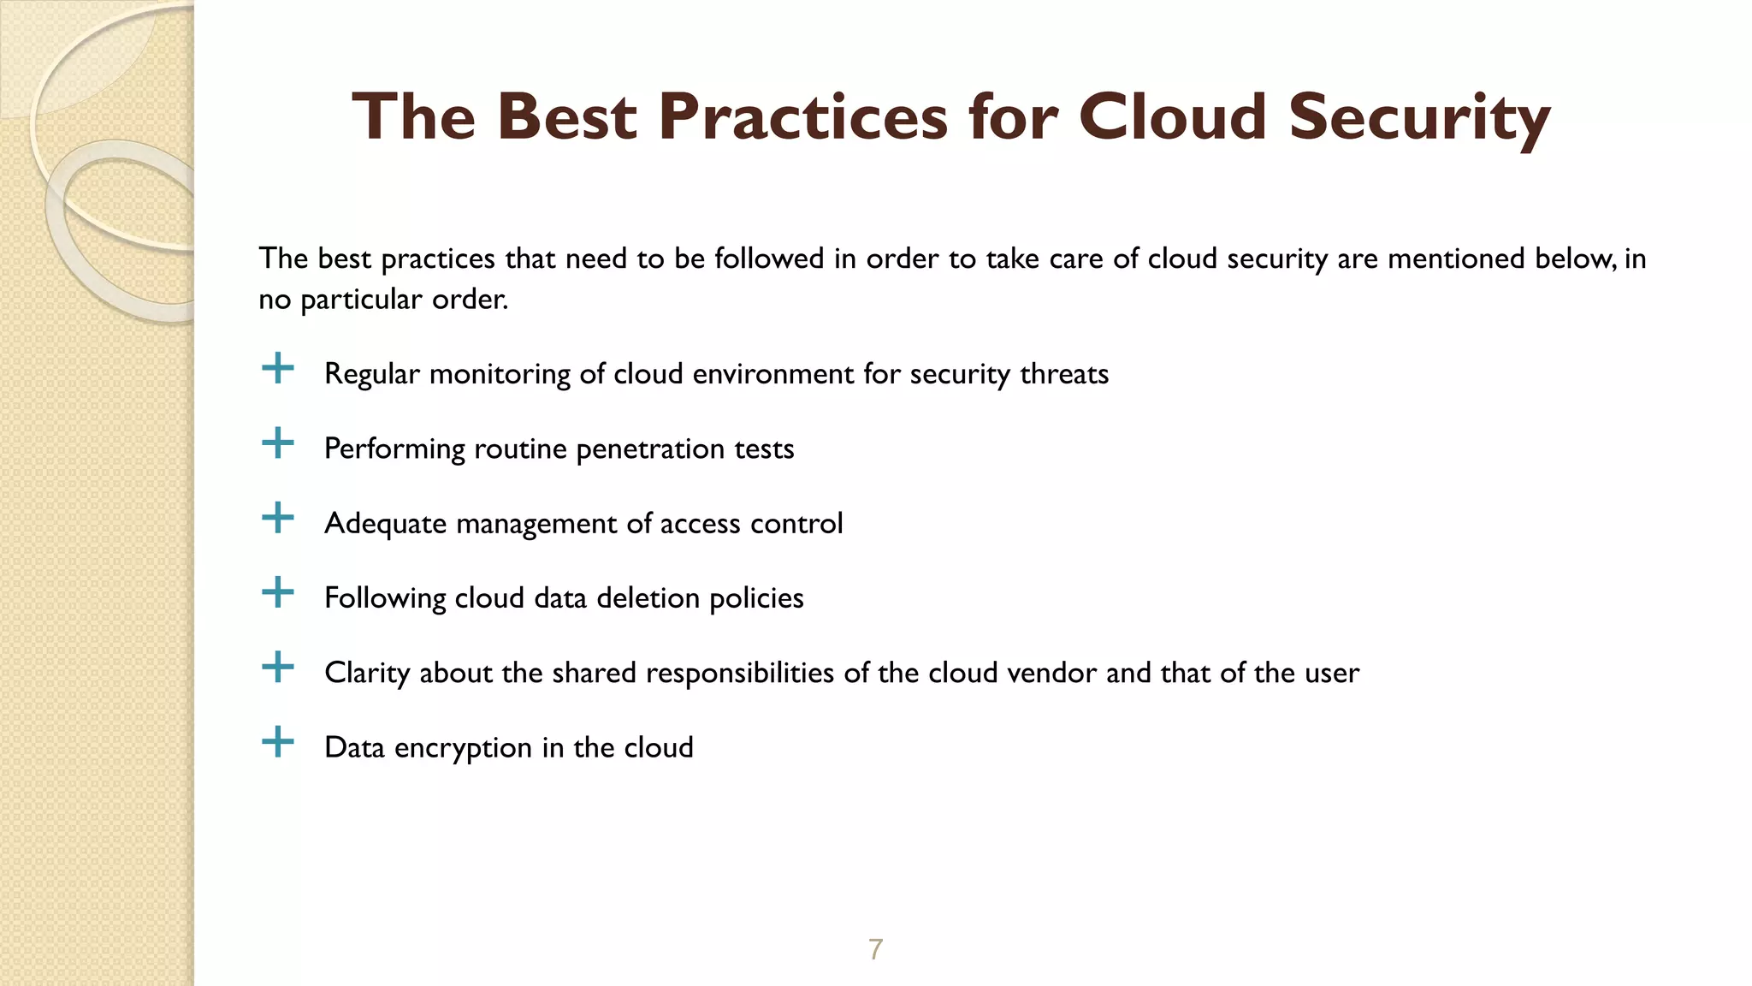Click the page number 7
(875, 949)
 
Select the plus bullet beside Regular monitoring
(277, 369)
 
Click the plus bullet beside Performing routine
(277, 443)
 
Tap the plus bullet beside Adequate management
(277, 518)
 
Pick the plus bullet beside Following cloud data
(277, 592)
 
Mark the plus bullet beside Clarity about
(277, 668)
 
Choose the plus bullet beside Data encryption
(277, 742)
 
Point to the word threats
(1063, 374)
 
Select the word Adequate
(385, 524)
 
